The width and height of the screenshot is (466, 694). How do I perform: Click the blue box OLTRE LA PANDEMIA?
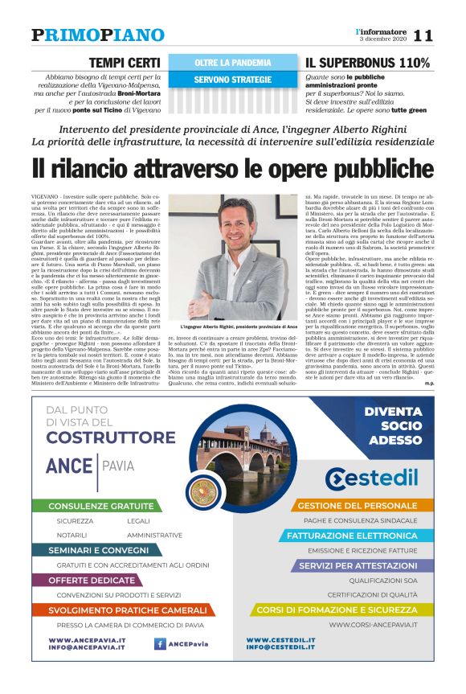(233, 62)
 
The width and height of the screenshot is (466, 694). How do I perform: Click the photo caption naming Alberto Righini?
(233, 326)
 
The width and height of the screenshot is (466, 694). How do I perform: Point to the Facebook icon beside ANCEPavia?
(160, 643)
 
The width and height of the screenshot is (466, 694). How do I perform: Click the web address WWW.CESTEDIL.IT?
(280, 639)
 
